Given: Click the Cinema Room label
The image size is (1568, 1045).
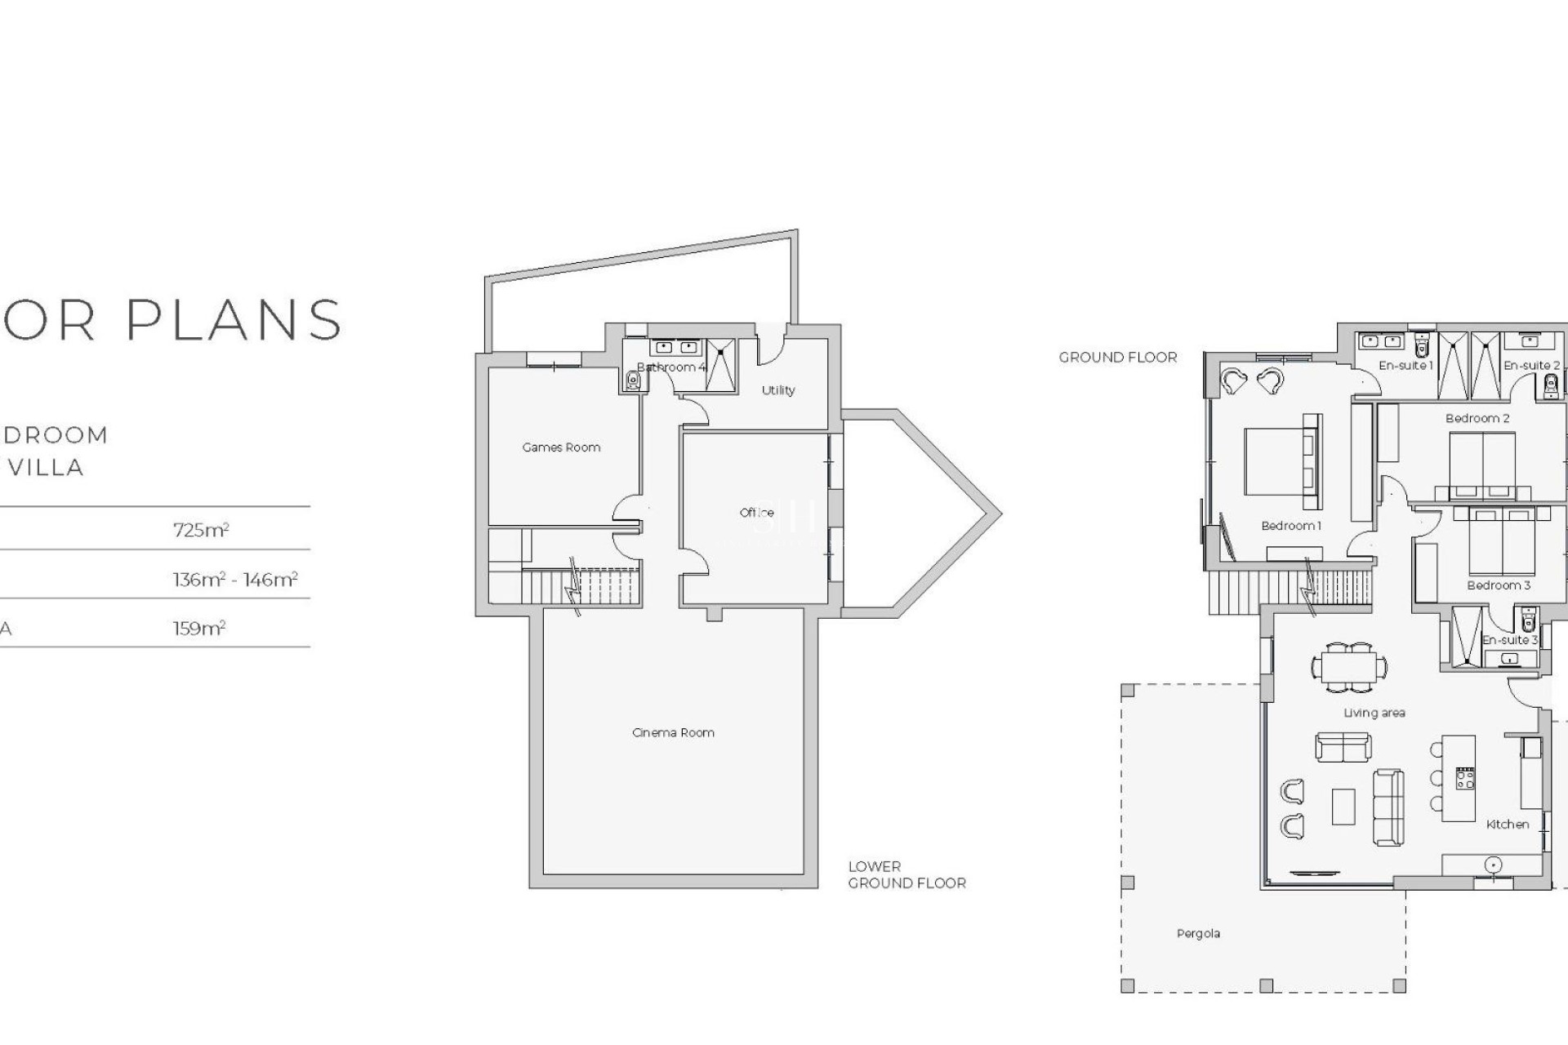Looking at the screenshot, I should pyautogui.click(x=673, y=732).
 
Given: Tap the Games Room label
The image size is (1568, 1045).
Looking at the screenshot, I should pyautogui.click(x=561, y=447).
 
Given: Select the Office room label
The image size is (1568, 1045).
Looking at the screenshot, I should pyautogui.click(x=756, y=513).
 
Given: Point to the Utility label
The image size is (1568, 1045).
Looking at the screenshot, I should pyautogui.click(x=777, y=390).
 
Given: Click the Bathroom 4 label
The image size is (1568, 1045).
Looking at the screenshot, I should pyautogui.click(x=670, y=367).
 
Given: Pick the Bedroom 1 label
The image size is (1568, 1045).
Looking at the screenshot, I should pyautogui.click(x=1290, y=526).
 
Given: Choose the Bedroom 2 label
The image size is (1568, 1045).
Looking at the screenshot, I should pyautogui.click(x=1477, y=419).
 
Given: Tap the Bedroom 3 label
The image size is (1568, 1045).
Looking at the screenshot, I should pyautogui.click(x=1499, y=585).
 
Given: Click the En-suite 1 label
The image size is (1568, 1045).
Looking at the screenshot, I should pyautogui.click(x=1405, y=366).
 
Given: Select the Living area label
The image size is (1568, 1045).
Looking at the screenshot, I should pyautogui.click(x=1374, y=713).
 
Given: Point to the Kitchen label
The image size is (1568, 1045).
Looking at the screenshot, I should pyautogui.click(x=1508, y=825).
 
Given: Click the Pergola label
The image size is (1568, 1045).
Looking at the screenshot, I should pyautogui.click(x=1198, y=933).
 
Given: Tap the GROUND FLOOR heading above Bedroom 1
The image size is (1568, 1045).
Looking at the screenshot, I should pyautogui.click(x=1118, y=358).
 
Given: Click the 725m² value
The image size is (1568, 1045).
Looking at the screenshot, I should pyautogui.click(x=201, y=530).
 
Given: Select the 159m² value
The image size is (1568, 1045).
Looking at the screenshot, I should pyautogui.click(x=199, y=629).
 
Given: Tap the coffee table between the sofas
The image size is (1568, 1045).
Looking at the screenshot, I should pyautogui.click(x=1343, y=806).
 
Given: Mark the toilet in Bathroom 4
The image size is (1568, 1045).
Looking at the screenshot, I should pyautogui.click(x=634, y=380).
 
